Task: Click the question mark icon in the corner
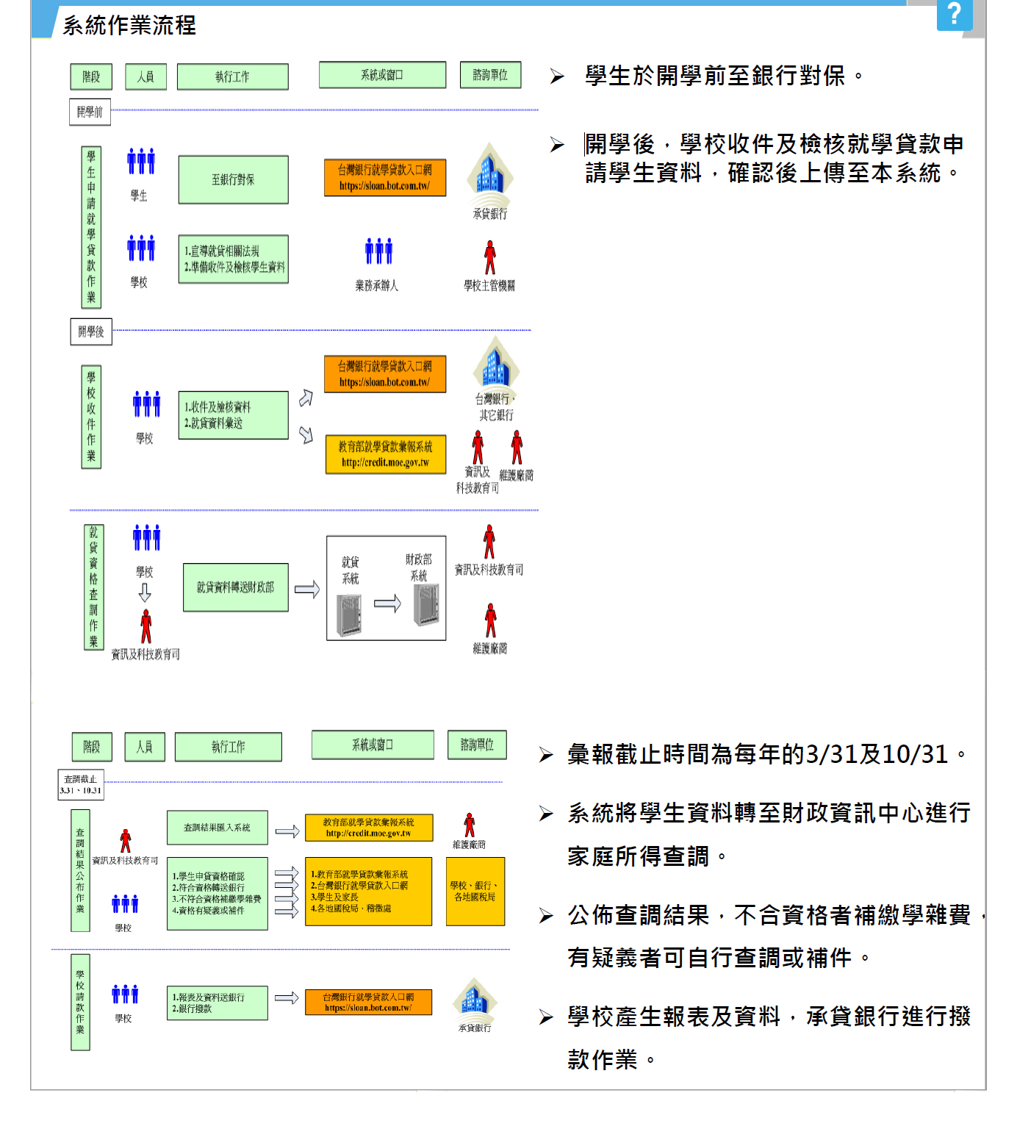pyautogui.click(x=954, y=14)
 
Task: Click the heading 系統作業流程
pyautogui.click(x=129, y=26)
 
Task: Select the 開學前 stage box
pyautogui.click(x=90, y=112)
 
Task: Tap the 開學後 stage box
pyautogui.click(x=90, y=331)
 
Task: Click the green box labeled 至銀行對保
pyautogui.click(x=233, y=179)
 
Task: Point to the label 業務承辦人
pyautogui.click(x=377, y=285)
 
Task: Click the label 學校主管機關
pyautogui.click(x=489, y=285)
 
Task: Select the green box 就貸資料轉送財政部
pyautogui.click(x=235, y=587)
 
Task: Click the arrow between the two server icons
pyautogui.click(x=387, y=604)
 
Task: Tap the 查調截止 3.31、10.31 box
pyautogui.click(x=81, y=784)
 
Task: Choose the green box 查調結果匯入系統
pyautogui.click(x=217, y=828)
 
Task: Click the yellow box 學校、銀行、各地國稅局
pyautogui.click(x=475, y=891)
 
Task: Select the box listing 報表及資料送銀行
pyautogui.click(x=217, y=1003)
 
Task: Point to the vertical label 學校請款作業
pyautogui.click(x=80, y=1002)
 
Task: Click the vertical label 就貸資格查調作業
pyautogui.click(x=93, y=587)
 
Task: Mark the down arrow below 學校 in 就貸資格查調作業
pyautogui.click(x=145, y=592)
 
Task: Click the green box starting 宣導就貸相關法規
pyautogui.click(x=233, y=259)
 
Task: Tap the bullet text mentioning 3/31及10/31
pyautogui.click(x=757, y=754)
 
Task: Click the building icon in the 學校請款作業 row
pyautogui.click(x=475, y=999)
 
